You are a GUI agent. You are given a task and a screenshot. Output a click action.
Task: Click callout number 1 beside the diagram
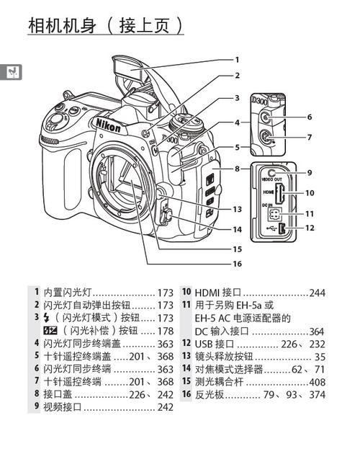[x=236, y=60]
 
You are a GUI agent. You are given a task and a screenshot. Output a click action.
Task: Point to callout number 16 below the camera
[x=237, y=264]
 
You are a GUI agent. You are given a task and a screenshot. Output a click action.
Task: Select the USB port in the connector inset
[x=283, y=229]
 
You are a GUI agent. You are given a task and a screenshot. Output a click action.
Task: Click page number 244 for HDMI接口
[x=317, y=293]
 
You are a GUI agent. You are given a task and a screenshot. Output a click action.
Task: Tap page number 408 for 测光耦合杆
[x=317, y=381]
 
